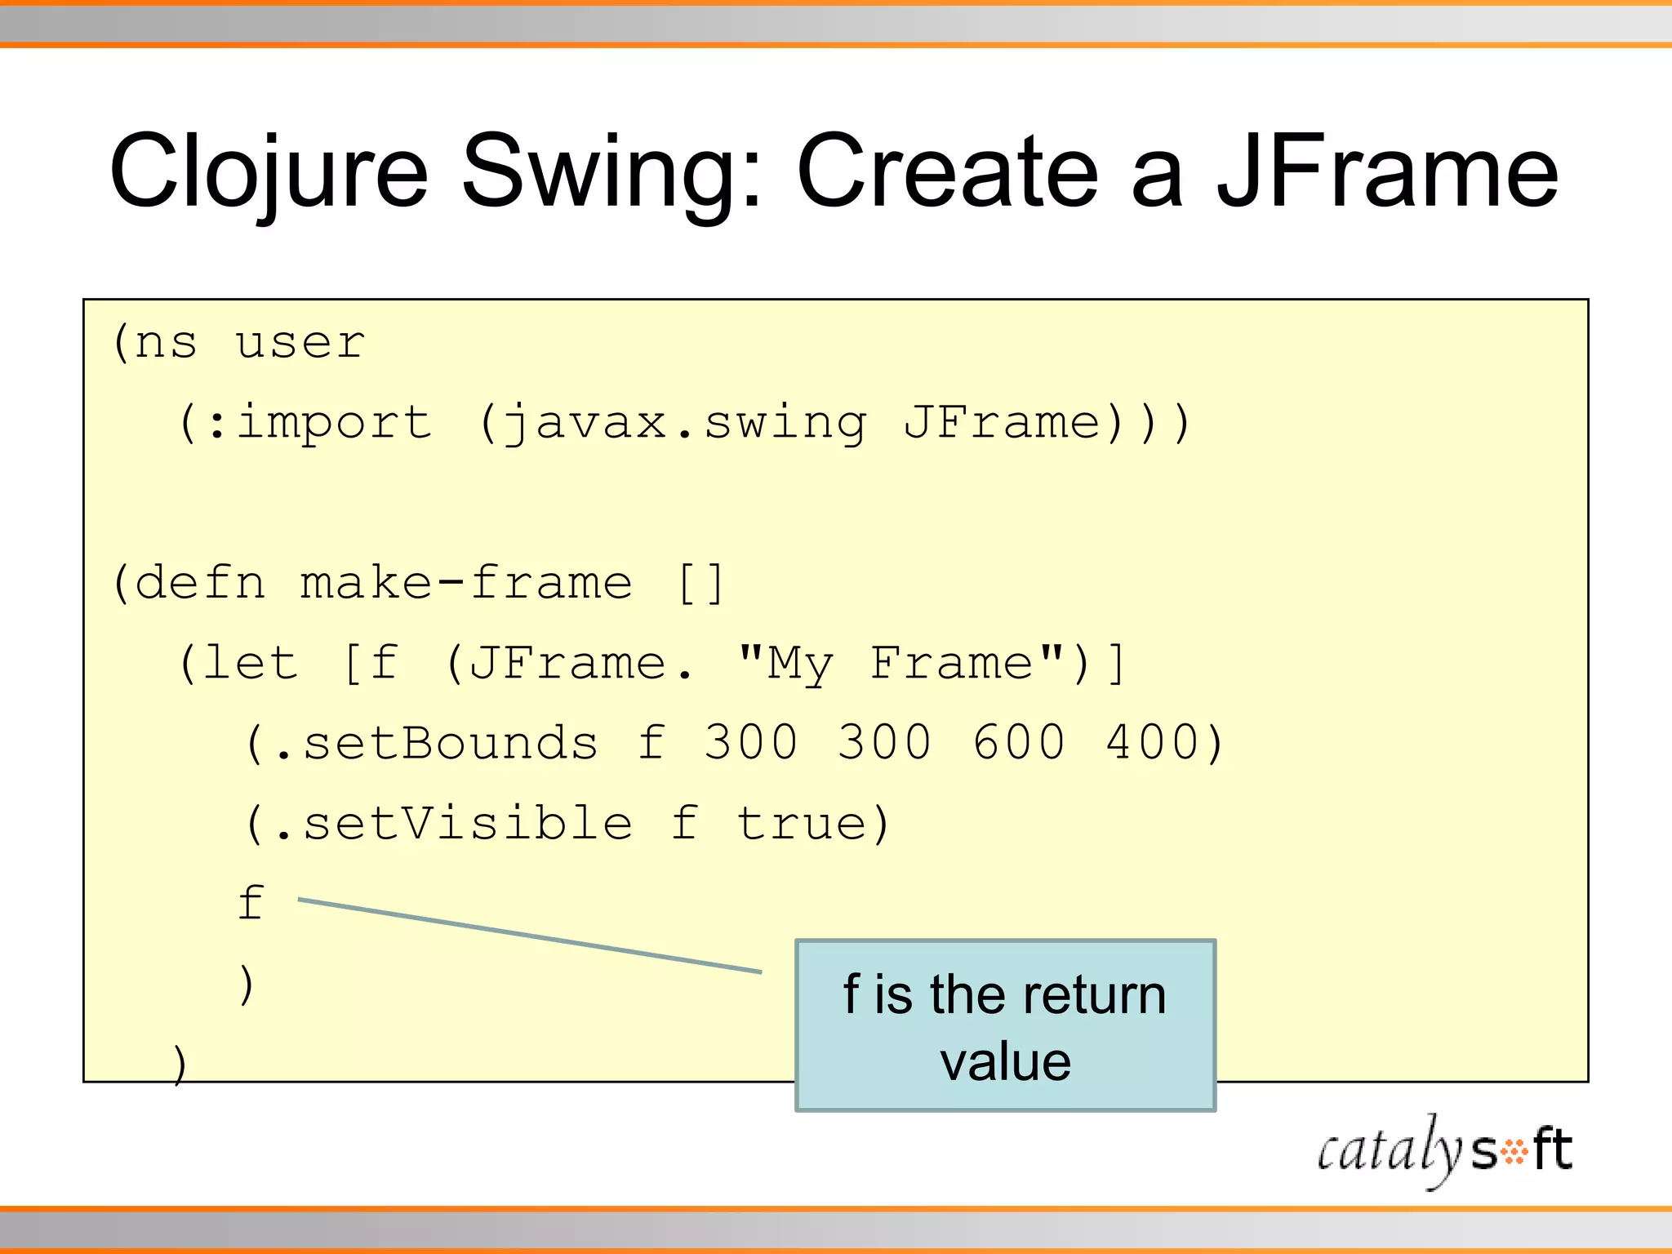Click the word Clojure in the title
tap(269, 173)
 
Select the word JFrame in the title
tap(1387, 173)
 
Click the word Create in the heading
tap(947, 173)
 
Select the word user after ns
tap(300, 343)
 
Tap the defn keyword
tap(199, 584)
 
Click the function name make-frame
tap(466, 584)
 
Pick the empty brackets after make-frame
tap(701, 584)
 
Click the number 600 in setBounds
tap(1019, 743)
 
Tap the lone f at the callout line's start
tap(251, 903)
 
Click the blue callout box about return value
tap(1005, 1026)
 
